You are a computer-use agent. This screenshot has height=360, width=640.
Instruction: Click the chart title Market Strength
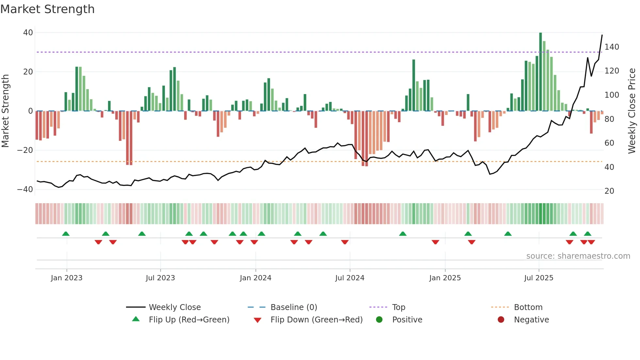pos(47,9)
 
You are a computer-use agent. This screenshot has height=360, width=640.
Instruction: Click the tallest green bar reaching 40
pos(540,72)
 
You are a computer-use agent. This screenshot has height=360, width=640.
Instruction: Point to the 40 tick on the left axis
pos(28,33)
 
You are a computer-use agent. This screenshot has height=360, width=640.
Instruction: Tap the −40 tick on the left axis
pos(25,189)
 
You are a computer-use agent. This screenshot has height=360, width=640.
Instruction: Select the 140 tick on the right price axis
pos(612,47)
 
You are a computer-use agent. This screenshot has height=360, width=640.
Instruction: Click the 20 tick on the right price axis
pos(609,191)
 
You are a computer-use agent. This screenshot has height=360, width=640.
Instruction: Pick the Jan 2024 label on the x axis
pos(255,278)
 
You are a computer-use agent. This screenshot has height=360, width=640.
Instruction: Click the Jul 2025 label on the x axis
pos(538,278)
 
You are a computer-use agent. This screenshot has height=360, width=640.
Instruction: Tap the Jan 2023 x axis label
pos(67,278)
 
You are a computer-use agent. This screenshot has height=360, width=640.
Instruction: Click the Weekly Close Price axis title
pos(632,111)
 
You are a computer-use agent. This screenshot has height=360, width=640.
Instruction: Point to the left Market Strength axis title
pos(6,111)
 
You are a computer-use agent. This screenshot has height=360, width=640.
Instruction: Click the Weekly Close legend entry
pos(175,307)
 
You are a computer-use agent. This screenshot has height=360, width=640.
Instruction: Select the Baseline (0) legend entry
pos(294,307)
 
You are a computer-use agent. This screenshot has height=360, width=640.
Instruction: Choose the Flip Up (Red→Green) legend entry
pos(189,320)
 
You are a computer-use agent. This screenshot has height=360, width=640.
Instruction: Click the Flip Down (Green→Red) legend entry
pos(316,320)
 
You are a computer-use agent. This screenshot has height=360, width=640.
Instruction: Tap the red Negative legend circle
pos(501,320)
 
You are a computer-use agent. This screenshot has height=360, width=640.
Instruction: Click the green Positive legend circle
pos(379,320)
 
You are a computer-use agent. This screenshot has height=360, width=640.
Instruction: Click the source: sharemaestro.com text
pos(578,256)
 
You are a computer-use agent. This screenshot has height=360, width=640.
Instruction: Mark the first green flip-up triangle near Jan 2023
pos(66,234)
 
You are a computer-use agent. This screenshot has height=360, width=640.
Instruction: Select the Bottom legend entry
pos(528,307)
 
